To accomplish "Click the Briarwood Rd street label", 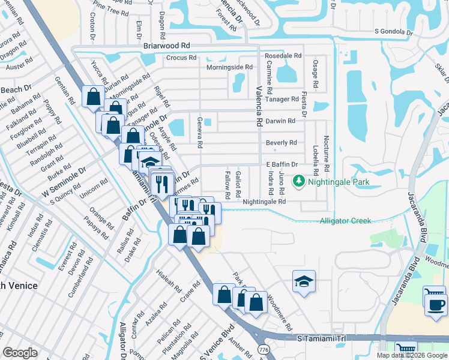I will [x=166, y=45].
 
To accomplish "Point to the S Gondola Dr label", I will [x=394, y=32].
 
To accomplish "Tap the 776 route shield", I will [x=263, y=349].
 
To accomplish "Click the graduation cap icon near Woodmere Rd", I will [x=304, y=281].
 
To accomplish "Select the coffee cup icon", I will [x=435, y=304].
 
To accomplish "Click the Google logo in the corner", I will [x=20, y=353].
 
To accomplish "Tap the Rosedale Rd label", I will [x=283, y=55].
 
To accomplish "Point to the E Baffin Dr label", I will [x=282, y=164].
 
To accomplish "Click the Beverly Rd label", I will [x=281, y=143].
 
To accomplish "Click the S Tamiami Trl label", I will [x=322, y=339].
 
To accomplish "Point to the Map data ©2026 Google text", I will [x=412, y=355].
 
